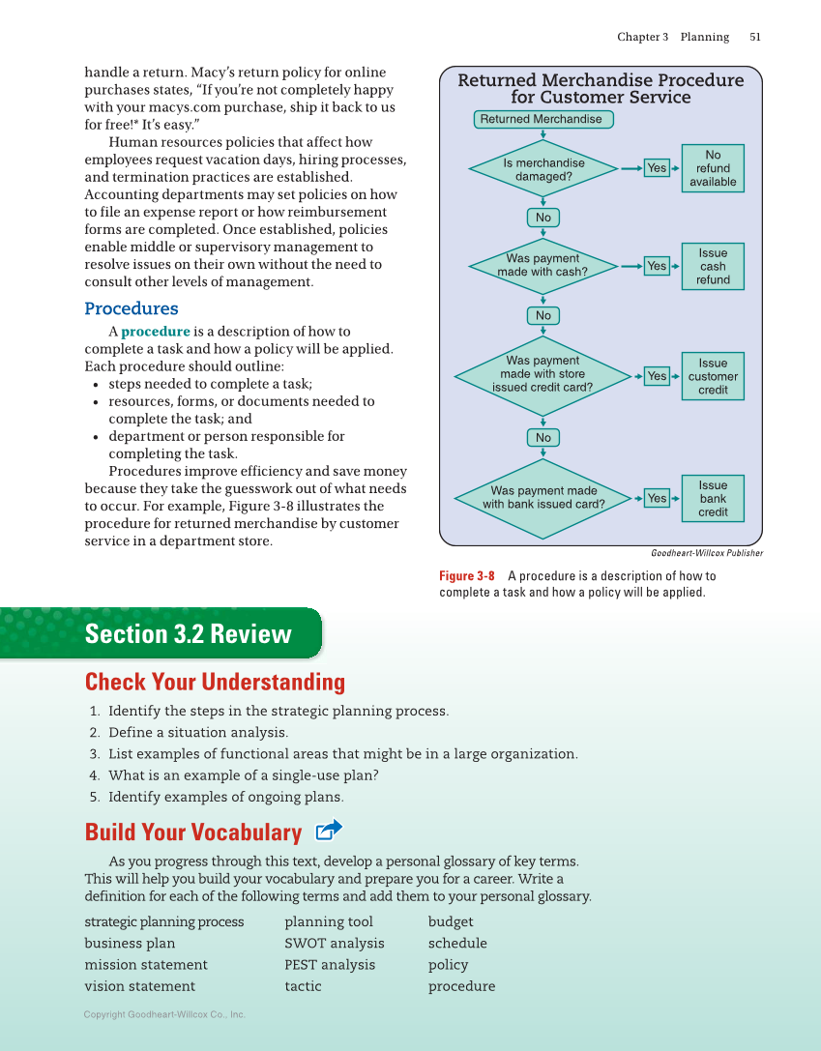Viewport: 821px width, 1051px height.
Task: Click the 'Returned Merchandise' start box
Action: pos(544,119)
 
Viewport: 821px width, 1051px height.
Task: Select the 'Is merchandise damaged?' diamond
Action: pos(543,169)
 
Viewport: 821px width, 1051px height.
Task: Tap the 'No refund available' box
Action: pos(713,168)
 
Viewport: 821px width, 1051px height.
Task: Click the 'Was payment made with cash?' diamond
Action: pos(543,265)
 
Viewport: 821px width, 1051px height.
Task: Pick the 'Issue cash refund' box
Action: pos(713,266)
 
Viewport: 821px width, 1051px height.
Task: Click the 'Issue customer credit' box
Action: pos(713,376)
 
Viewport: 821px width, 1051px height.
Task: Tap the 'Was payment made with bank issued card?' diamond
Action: pos(543,497)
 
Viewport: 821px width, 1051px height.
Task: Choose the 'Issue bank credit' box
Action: pos(713,498)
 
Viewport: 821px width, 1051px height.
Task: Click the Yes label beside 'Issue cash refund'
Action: pos(657,266)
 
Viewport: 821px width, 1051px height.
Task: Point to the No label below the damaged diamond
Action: pos(543,218)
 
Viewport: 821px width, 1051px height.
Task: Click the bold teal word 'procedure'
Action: pos(156,332)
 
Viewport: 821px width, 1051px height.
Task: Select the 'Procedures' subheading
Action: pos(132,308)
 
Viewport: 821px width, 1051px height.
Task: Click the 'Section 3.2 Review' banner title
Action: pos(188,634)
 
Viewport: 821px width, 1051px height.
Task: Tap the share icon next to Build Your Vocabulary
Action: pos(329,831)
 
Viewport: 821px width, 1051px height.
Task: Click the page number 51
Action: pos(755,37)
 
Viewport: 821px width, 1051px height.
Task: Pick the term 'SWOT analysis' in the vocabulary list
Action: pos(334,943)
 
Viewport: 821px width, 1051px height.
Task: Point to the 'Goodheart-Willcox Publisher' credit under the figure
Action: pos(706,553)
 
